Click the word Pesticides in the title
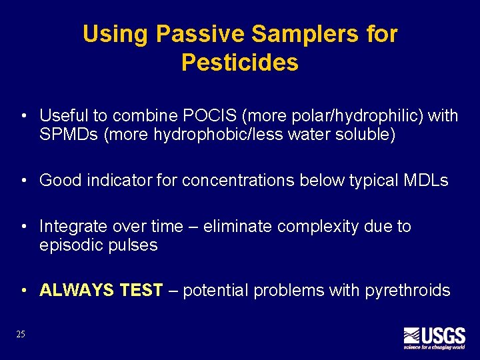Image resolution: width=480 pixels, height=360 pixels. (x=239, y=63)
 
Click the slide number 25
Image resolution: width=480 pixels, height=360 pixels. (x=21, y=334)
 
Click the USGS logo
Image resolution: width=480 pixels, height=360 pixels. (x=434, y=337)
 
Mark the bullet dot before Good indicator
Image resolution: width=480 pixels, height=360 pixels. (x=23, y=181)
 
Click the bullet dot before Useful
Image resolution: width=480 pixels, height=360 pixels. (x=23, y=117)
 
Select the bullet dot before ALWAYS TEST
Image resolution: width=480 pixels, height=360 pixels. (x=23, y=291)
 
